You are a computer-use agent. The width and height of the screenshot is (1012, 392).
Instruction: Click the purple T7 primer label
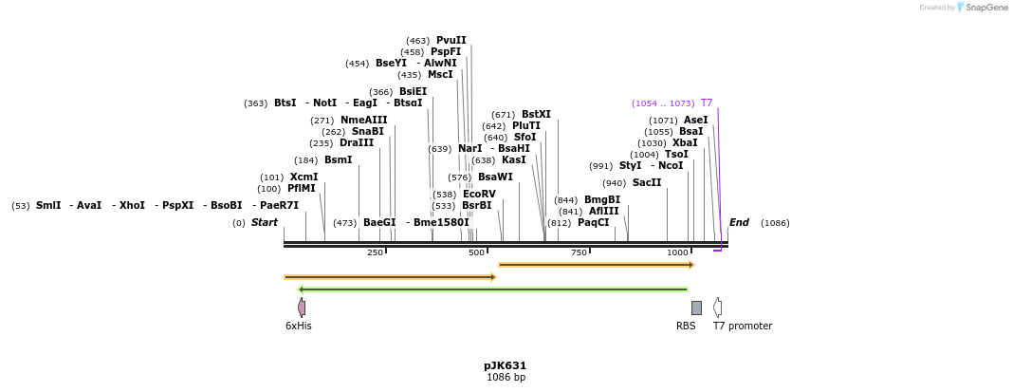coord(707,103)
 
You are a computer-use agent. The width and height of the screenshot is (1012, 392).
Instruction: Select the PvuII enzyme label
coord(451,40)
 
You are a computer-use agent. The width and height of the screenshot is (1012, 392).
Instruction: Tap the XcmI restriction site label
coord(304,177)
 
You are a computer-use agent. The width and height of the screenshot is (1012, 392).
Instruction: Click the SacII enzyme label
coord(647,182)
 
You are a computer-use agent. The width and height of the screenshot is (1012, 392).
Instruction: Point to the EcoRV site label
coord(479,194)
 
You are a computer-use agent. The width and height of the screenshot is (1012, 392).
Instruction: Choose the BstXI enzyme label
coord(536,114)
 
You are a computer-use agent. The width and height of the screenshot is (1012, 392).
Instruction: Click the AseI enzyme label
coord(695,120)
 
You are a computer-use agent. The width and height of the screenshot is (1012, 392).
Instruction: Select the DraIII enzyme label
coord(357,142)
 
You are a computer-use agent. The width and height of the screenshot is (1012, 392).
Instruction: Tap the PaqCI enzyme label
coord(594,222)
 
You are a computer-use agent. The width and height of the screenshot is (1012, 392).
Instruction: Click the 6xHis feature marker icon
coord(302,308)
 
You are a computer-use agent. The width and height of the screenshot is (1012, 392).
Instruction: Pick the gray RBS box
coord(696,308)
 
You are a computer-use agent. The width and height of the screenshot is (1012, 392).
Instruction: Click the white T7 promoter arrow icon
coord(718,307)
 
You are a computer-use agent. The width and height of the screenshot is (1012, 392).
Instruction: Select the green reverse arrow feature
coord(492,289)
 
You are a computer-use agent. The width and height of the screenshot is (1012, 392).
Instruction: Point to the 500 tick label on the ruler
coord(476,252)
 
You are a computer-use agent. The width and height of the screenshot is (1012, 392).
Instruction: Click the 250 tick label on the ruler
coord(375,252)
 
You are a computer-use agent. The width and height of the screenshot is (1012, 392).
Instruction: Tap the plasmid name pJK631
coord(505,365)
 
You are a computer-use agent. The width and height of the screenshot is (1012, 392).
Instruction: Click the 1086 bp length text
coord(506,378)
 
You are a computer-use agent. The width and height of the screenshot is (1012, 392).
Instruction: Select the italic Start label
coord(265,222)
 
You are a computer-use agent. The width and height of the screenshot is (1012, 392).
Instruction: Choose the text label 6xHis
coord(299,326)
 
